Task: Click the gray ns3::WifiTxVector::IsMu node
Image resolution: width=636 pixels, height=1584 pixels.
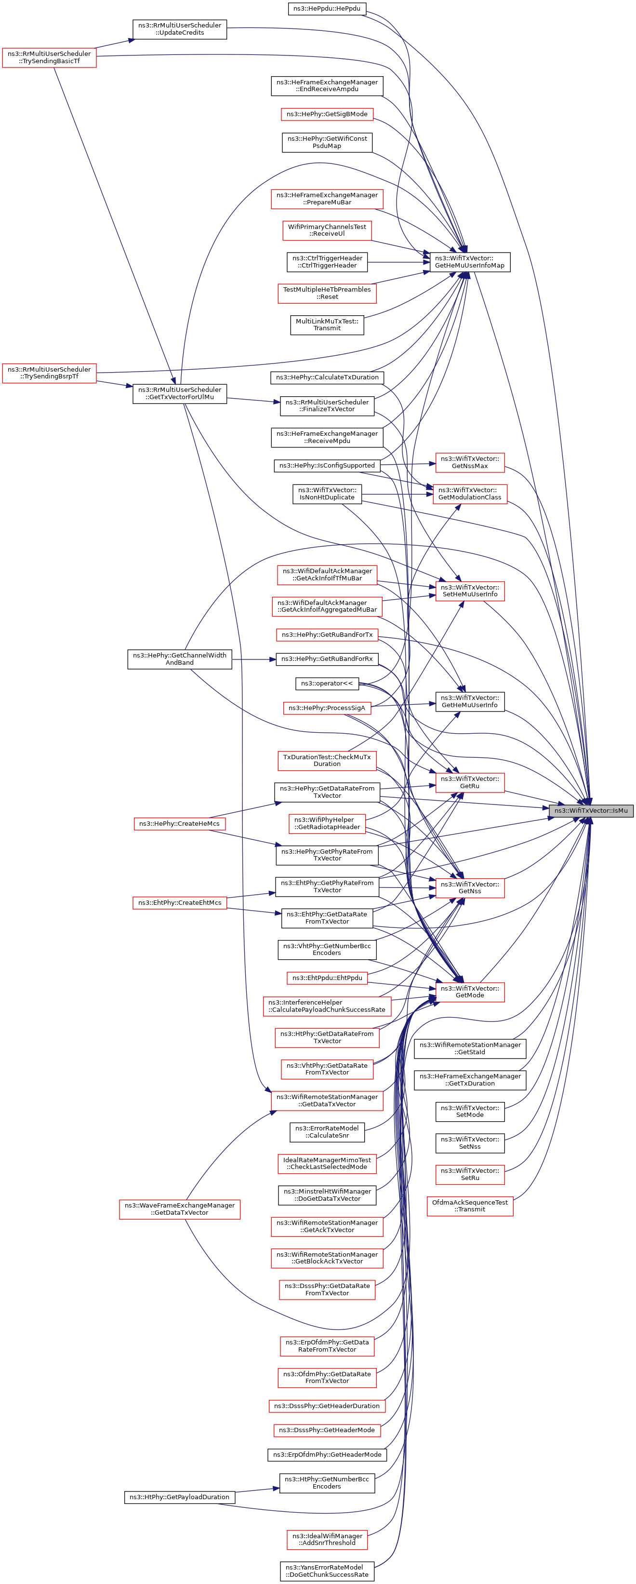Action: click(591, 810)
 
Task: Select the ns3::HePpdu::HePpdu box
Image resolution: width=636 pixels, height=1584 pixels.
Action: click(327, 9)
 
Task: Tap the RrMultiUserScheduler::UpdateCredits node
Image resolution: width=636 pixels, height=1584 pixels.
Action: click(179, 29)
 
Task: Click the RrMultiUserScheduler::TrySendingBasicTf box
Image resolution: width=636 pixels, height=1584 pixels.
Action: click(49, 57)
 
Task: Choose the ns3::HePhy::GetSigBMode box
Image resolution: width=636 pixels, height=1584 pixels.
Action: click(327, 114)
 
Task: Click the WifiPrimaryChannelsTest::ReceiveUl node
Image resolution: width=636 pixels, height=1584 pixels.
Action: click(327, 230)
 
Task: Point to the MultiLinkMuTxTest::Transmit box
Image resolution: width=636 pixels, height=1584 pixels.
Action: click(327, 325)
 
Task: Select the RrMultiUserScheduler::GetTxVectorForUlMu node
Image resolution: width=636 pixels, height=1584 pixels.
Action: click(179, 393)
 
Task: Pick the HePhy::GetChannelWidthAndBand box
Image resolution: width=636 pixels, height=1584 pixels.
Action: click(179, 659)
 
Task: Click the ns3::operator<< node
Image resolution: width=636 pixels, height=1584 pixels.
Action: click(327, 683)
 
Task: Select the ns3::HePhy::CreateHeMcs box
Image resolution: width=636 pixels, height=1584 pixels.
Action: click(179, 823)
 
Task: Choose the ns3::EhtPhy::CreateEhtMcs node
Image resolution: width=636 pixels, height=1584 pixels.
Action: click(179, 903)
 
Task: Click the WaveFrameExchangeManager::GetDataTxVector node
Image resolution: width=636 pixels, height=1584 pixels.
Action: click(179, 1209)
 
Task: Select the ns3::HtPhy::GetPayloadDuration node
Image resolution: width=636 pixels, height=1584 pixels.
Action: click(179, 1497)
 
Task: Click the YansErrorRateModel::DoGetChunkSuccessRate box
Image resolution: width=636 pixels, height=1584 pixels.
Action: click(327, 1571)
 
